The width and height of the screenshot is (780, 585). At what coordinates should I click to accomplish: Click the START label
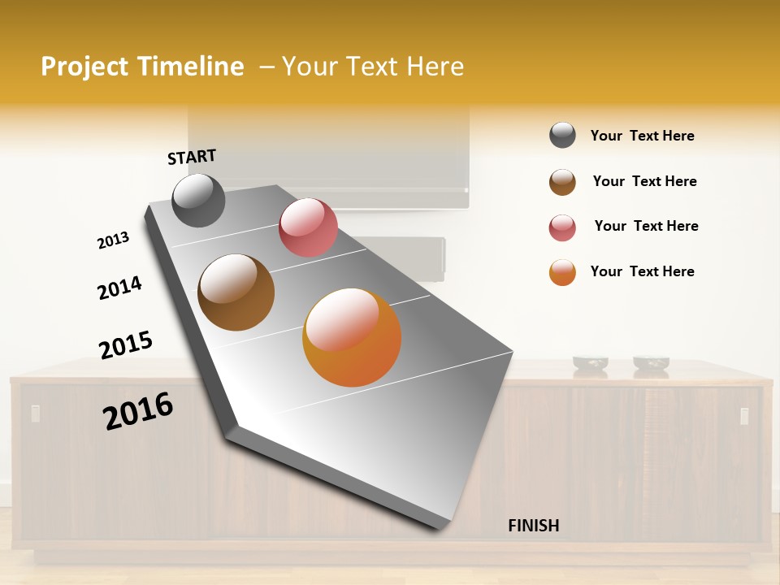pos(192,157)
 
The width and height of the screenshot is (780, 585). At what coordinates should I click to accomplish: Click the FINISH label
pos(533,526)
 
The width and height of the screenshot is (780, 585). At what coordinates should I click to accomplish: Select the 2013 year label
pos(113,240)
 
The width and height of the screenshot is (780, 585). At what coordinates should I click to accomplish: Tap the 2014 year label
pos(119,288)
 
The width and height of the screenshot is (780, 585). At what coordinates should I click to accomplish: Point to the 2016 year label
pos(138,410)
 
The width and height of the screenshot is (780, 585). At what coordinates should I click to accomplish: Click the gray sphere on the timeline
pos(198,200)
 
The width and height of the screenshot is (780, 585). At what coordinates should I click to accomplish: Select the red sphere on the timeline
pos(308,227)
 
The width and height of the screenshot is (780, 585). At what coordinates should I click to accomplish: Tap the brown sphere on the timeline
pos(236,292)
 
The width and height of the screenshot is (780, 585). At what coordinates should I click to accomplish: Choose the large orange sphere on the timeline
pos(352,337)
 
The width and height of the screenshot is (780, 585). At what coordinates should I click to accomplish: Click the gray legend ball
pos(562,136)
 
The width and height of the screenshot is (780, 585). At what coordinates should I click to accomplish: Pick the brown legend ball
pos(562,182)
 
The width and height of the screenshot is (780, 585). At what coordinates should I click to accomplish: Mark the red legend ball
pos(562,227)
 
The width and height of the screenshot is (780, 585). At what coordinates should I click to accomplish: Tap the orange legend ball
pos(562,272)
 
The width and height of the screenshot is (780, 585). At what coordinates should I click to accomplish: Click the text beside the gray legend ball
pos(642,136)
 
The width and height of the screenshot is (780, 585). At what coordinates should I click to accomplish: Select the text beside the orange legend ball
pos(642,271)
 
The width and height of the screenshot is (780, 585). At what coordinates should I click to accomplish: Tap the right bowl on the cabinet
pos(651,363)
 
